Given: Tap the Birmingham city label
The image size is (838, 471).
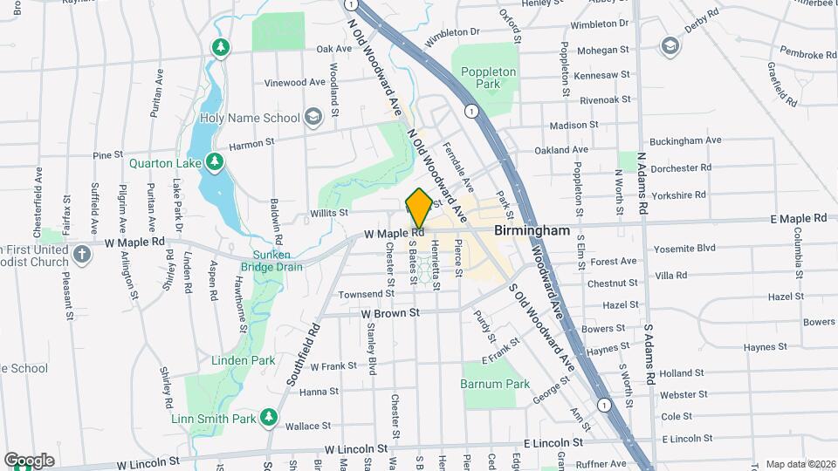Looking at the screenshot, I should (x=532, y=231).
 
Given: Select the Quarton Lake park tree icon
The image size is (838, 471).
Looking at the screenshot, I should (x=214, y=162).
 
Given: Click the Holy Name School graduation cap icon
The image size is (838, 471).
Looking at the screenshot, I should (x=313, y=118).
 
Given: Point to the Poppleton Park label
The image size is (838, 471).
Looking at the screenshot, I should (x=489, y=78).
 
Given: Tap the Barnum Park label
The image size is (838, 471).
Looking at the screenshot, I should (x=495, y=384).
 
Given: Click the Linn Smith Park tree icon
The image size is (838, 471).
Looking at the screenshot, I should (x=270, y=420).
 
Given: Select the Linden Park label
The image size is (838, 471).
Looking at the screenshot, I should (x=243, y=360).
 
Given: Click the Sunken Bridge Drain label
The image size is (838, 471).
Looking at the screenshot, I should (x=271, y=260).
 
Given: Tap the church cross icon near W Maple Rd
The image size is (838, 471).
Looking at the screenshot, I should (x=81, y=255).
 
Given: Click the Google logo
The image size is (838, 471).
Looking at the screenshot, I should (x=29, y=460).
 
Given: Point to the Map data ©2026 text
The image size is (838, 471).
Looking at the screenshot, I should (x=800, y=464).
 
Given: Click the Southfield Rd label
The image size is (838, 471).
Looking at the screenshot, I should (x=303, y=355).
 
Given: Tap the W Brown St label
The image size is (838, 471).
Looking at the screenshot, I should (x=390, y=311).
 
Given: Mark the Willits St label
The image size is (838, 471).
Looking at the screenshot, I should (x=328, y=212).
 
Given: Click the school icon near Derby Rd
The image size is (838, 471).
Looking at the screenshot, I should (x=670, y=45).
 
